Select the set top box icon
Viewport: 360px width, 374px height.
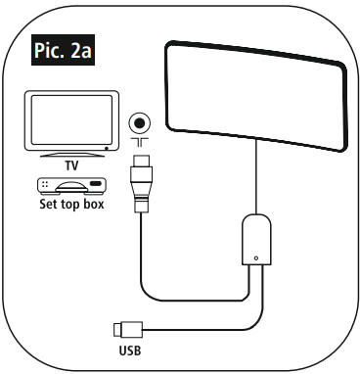70,188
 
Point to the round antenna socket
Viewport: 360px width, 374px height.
139,124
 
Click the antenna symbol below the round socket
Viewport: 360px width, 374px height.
139,145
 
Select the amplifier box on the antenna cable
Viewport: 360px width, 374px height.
255,241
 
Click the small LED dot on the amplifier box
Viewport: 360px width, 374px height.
255,259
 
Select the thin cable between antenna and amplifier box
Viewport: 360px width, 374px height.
255,186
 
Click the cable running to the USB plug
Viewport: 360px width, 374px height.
215,325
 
